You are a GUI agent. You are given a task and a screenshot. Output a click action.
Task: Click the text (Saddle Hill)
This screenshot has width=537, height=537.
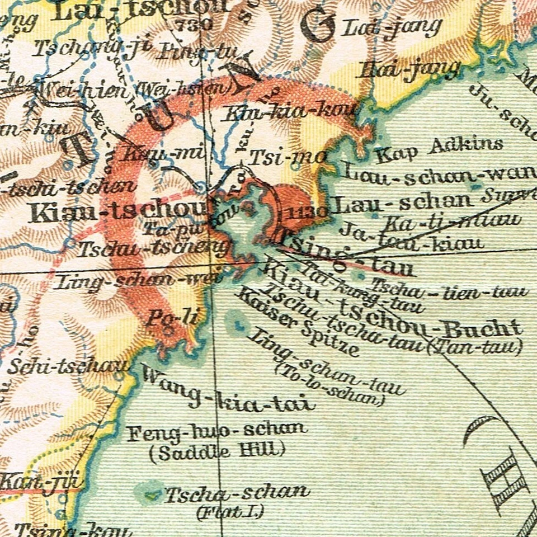[x=217, y=450]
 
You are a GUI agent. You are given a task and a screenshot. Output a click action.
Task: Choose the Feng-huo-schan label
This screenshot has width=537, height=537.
[x=217, y=431]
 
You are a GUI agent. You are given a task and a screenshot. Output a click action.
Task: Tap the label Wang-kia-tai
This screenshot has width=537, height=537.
[x=227, y=395]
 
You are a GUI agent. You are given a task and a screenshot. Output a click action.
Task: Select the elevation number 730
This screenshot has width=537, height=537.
[x=193, y=24]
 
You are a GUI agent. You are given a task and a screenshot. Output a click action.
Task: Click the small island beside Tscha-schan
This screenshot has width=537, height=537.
[x=150, y=495]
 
